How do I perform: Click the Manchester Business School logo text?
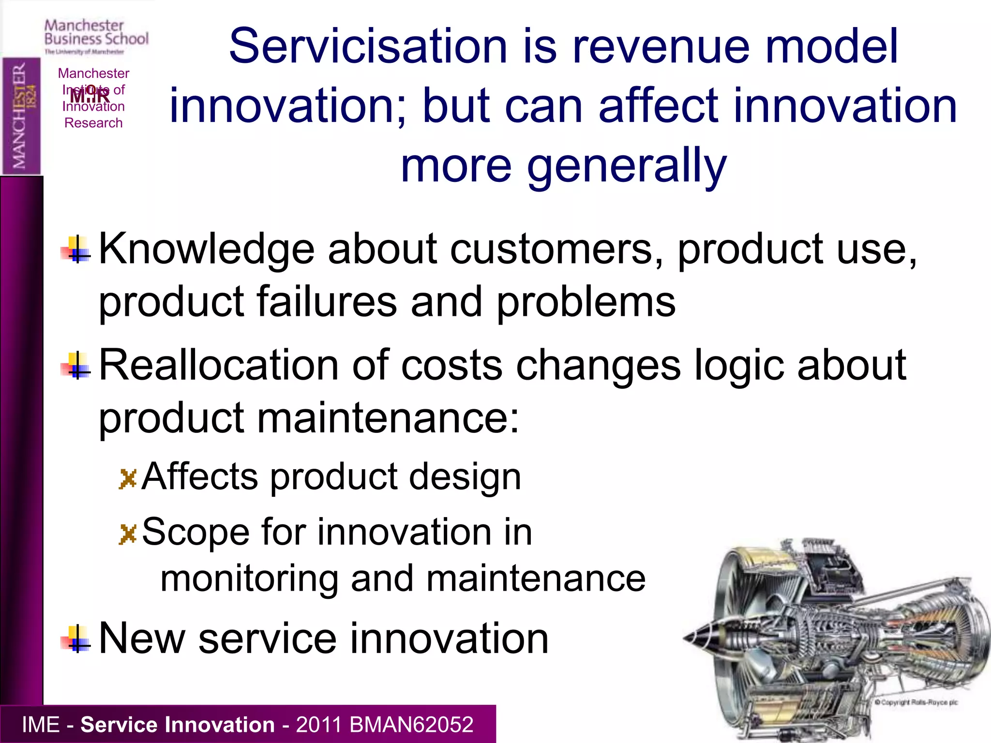coord(96,33)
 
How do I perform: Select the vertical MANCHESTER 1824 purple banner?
coord(21,116)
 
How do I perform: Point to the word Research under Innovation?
coord(93,123)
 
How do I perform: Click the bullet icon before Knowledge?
coord(76,250)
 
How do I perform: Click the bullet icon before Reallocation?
coord(76,366)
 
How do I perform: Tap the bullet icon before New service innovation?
coord(76,639)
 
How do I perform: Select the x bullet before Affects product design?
coord(128,479)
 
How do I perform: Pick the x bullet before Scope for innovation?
coord(128,534)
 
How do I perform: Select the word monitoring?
coord(249,579)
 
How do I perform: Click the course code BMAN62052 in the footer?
coord(411,725)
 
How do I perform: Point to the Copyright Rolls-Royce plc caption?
coord(916,702)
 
